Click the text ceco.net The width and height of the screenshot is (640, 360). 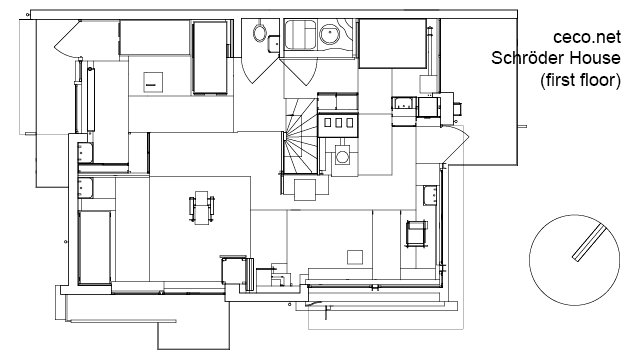click(587, 37)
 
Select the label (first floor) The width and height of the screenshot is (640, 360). click(580, 80)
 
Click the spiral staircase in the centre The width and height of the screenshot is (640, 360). click(300, 136)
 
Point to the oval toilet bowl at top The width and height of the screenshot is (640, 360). click(260, 32)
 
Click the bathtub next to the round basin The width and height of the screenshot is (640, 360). click(300, 34)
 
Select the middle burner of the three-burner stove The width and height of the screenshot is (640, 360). click(339, 122)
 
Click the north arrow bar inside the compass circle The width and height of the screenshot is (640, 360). click(589, 244)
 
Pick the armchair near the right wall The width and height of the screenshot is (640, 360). click(417, 233)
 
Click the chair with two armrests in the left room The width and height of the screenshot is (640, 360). click(202, 207)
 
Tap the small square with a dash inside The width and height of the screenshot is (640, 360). click(153, 82)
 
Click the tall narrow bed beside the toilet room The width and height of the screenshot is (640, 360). click(210, 58)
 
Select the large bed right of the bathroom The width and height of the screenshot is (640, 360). click(392, 43)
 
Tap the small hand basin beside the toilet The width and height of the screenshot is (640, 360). click(273, 43)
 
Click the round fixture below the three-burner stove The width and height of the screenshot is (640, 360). click(342, 156)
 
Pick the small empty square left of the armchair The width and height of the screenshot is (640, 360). click(355, 258)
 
